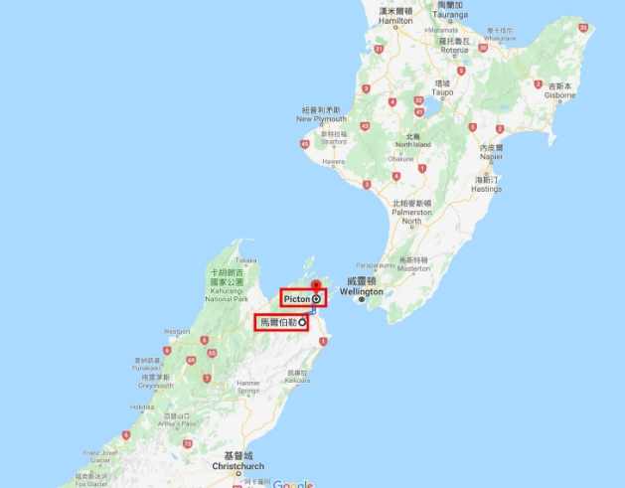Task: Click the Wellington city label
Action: (364, 293)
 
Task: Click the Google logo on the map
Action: (292, 483)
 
